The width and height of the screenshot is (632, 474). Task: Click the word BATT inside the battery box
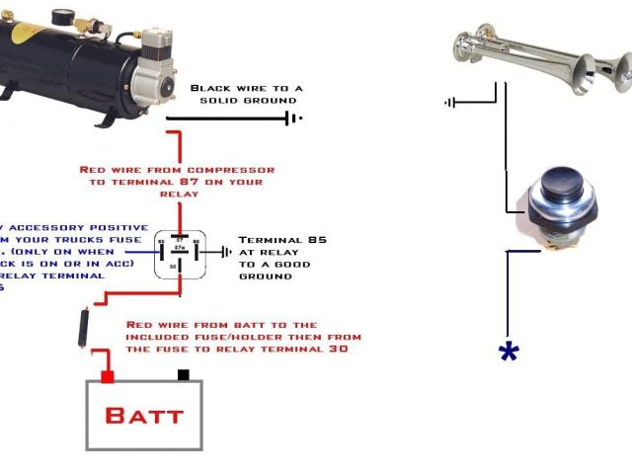[144, 415]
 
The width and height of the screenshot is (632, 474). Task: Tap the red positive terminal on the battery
[108, 377]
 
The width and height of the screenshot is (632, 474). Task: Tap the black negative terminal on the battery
[183, 375]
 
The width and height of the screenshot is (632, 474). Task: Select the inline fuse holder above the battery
[84, 326]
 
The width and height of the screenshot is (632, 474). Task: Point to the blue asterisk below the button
[509, 353]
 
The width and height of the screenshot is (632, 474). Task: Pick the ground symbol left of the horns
[451, 101]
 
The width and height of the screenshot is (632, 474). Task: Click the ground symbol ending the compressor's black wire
[292, 118]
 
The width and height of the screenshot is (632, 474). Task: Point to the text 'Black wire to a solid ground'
[246, 94]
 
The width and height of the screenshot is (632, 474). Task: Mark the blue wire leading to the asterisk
[509, 296]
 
